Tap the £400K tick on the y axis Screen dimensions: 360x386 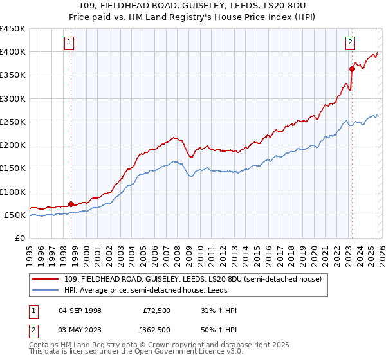point(13,52)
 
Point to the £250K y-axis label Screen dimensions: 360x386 point(13,122)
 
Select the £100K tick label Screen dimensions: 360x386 point(13,192)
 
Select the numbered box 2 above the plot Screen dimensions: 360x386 point(351,43)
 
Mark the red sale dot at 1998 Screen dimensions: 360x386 point(71,204)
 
